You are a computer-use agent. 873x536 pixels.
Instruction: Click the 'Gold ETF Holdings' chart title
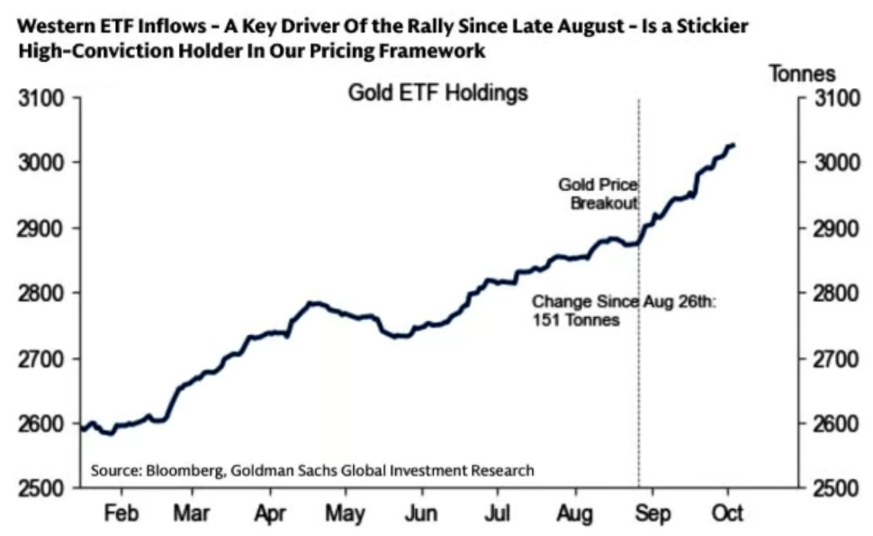tap(437, 94)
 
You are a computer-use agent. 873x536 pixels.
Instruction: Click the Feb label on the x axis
tap(121, 513)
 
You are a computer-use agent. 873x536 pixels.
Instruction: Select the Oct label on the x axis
tap(728, 513)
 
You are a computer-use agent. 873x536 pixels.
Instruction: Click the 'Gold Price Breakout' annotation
tap(599, 194)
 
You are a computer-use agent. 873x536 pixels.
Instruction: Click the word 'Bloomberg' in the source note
tap(176, 470)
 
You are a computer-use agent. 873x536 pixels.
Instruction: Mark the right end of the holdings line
tap(734, 145)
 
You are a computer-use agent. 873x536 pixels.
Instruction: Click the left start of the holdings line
tap(83, 429)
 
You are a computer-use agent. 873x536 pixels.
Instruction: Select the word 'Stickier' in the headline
tap(715, 27)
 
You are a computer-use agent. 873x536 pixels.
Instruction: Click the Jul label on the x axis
tap(498, 513)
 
